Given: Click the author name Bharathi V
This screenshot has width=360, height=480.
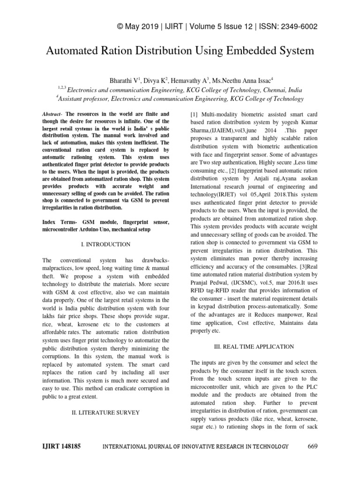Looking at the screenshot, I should click(x=124, y=80).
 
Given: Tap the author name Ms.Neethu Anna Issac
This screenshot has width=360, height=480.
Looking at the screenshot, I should click(x=239, y=80).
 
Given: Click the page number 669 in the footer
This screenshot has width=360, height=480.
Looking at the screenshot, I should click(x=313, y=446).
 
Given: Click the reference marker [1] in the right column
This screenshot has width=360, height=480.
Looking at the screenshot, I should click(x=194, y=114).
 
